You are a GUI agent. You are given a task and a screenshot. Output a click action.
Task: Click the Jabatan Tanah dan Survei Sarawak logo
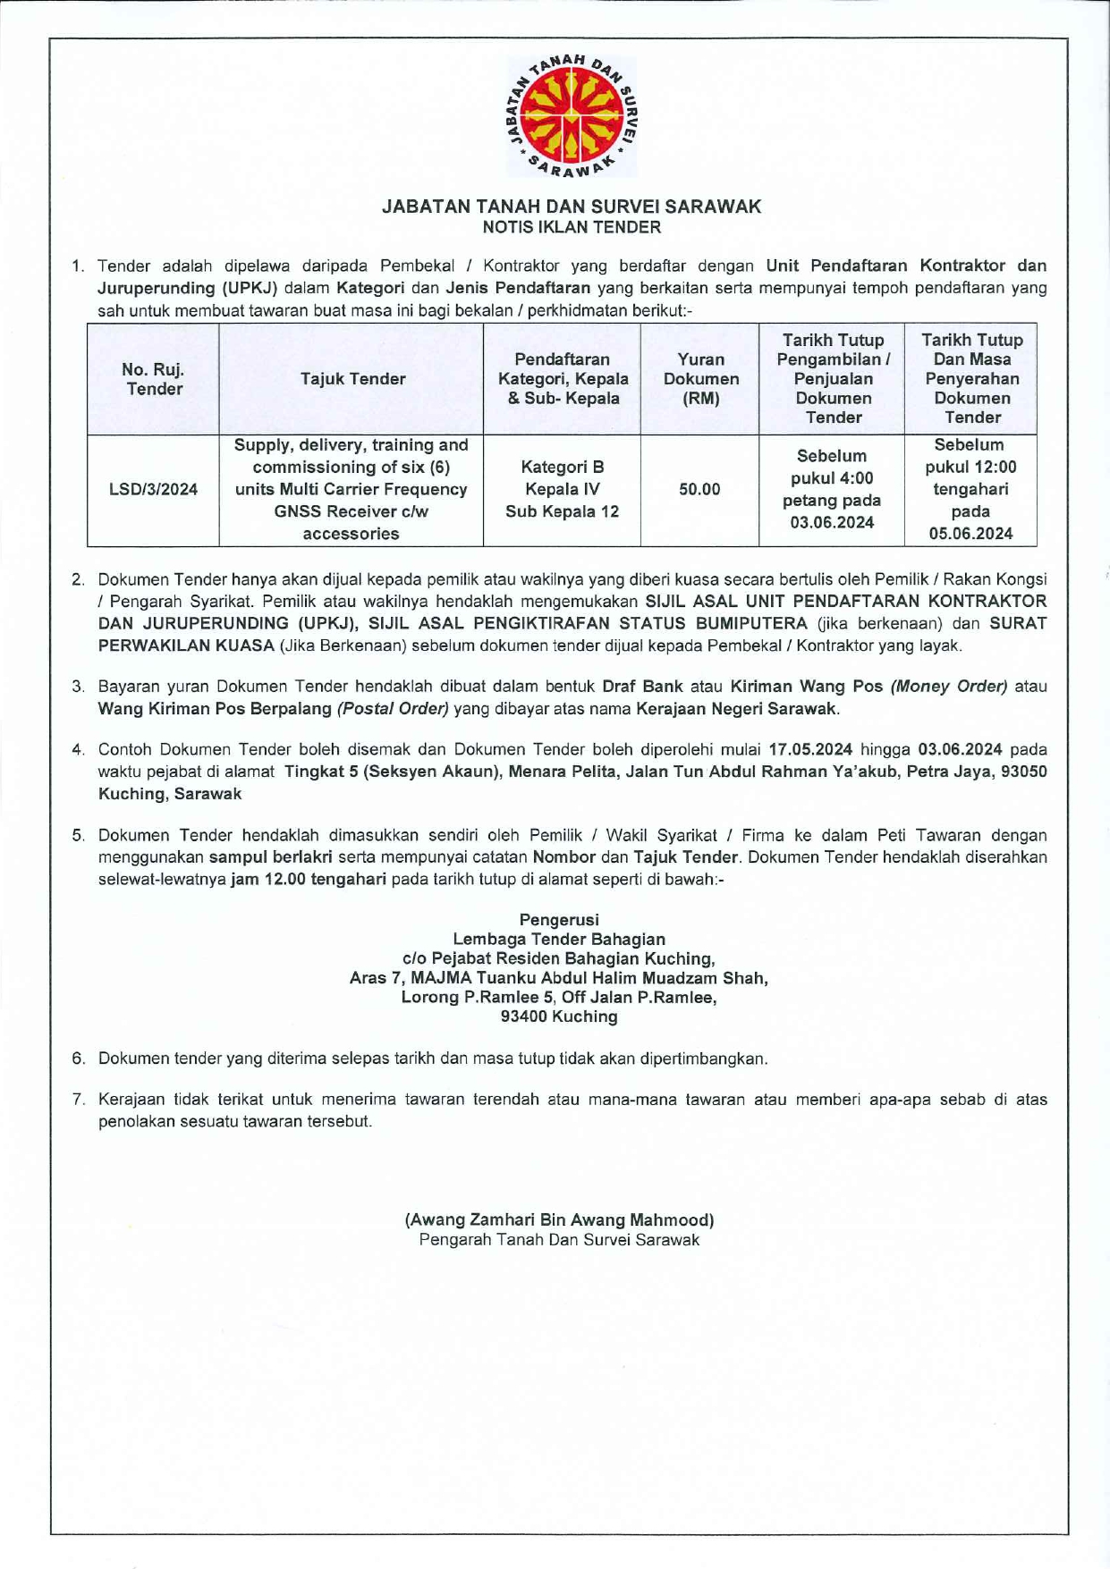[572, 117]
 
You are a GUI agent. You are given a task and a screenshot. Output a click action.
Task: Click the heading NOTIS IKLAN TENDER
[572, 227]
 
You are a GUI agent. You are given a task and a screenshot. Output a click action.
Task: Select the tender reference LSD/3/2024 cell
[153, 490]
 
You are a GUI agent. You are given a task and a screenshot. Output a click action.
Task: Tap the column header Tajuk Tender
[352, 379]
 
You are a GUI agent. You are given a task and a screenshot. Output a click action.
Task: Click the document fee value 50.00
[699, 490]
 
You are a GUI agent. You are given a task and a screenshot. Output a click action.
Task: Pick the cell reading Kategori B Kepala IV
[562, 478]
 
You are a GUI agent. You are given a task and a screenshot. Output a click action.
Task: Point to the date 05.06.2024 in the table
[970, 534]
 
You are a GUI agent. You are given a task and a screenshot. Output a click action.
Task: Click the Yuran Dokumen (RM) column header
[700, 379]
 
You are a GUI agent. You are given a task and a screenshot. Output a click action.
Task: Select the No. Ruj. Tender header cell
[153, 379]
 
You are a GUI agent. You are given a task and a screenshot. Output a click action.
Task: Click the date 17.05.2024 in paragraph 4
[809, 749]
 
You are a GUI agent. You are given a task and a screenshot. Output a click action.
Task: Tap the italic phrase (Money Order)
[949, 687]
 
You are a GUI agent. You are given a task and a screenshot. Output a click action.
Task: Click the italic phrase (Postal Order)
[393, 709]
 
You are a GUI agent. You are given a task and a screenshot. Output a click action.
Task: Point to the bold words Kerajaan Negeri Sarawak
[736, 709]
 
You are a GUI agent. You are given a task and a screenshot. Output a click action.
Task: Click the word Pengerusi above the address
[559, 919]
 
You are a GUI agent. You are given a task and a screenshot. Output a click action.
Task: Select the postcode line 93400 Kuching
[559, 1016]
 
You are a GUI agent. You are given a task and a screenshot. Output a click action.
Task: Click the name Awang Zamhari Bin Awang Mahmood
[559, 1219]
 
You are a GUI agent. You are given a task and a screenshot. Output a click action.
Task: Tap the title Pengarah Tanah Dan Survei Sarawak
[559, 1240]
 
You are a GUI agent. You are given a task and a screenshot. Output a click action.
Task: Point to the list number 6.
[79, 1059]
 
